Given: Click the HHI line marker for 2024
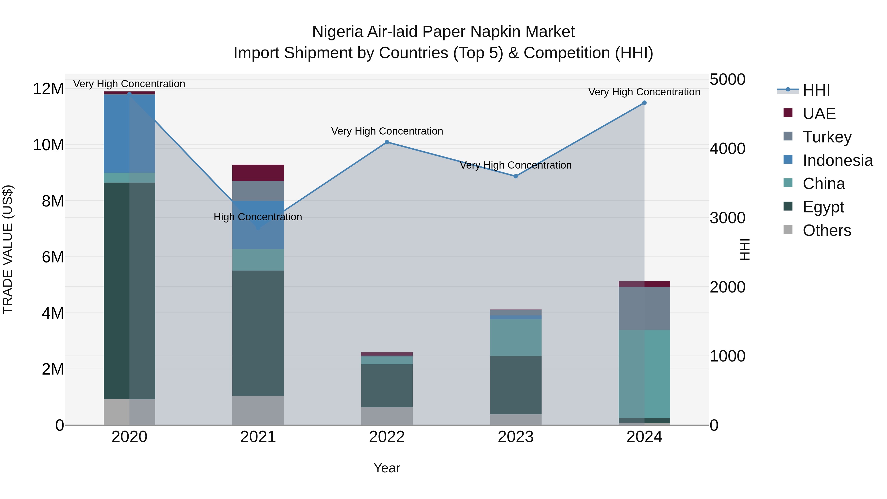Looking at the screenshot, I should pos(644,103).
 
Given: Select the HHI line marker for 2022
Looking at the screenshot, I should pos(387,142).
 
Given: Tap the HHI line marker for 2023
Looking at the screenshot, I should pos(515,176).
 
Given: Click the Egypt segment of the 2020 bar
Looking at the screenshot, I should pos(129,291).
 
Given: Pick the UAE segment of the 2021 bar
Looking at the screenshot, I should pos(258,172).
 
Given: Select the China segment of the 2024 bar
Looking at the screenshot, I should pos(644,374).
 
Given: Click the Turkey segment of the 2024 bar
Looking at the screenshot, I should pos(644,308).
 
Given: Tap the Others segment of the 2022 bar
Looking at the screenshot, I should pos(387,416).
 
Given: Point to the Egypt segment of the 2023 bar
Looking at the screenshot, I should pos(515,385).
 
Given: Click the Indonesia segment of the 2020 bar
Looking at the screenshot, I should pos(129,133).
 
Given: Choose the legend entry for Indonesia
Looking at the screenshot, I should pos(837,160).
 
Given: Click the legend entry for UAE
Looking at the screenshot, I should pos(819,114).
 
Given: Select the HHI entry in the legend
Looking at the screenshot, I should pos(816,90).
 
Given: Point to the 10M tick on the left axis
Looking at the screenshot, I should pos(48,145).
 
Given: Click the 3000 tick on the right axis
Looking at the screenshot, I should pos(727,218).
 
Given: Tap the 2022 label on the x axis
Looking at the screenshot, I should pos(387,437).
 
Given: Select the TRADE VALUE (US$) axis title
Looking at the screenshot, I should pos(8,249).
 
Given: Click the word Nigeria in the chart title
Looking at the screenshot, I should pos(338,32).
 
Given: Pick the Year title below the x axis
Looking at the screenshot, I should pos(387,468).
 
